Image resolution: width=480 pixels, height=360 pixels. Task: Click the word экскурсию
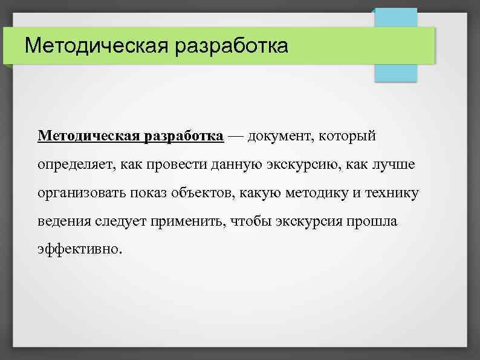(x=309, y=164)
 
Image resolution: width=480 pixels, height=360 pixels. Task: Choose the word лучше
(x=395, y=164)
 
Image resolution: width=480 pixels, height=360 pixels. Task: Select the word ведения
(x=63, y=221)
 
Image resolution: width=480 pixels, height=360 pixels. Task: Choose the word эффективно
(x=79, y=249)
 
